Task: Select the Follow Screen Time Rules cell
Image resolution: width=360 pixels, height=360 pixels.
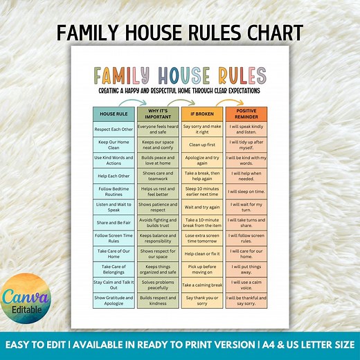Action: (x=114, y=238)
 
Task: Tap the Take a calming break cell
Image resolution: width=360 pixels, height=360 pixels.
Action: (x=201, y=285)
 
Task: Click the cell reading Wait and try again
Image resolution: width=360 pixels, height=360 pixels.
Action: (x=201, y=207)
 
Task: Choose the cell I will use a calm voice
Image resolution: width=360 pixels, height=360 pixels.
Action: (x=246, y=285)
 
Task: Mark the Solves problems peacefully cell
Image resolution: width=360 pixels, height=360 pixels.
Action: (x=157, y=285)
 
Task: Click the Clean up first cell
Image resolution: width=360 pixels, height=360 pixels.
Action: (x=201, y=145)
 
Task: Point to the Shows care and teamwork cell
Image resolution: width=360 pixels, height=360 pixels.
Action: (x=157, y=177)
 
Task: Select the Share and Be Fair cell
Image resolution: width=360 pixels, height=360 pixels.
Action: (x=114, y=223)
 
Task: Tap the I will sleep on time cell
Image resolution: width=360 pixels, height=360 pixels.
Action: (x=246, y=192)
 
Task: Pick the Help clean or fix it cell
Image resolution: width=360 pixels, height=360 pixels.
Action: (x=201, y=253)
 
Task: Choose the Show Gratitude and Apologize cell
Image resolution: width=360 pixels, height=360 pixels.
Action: (x=114, y=300)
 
